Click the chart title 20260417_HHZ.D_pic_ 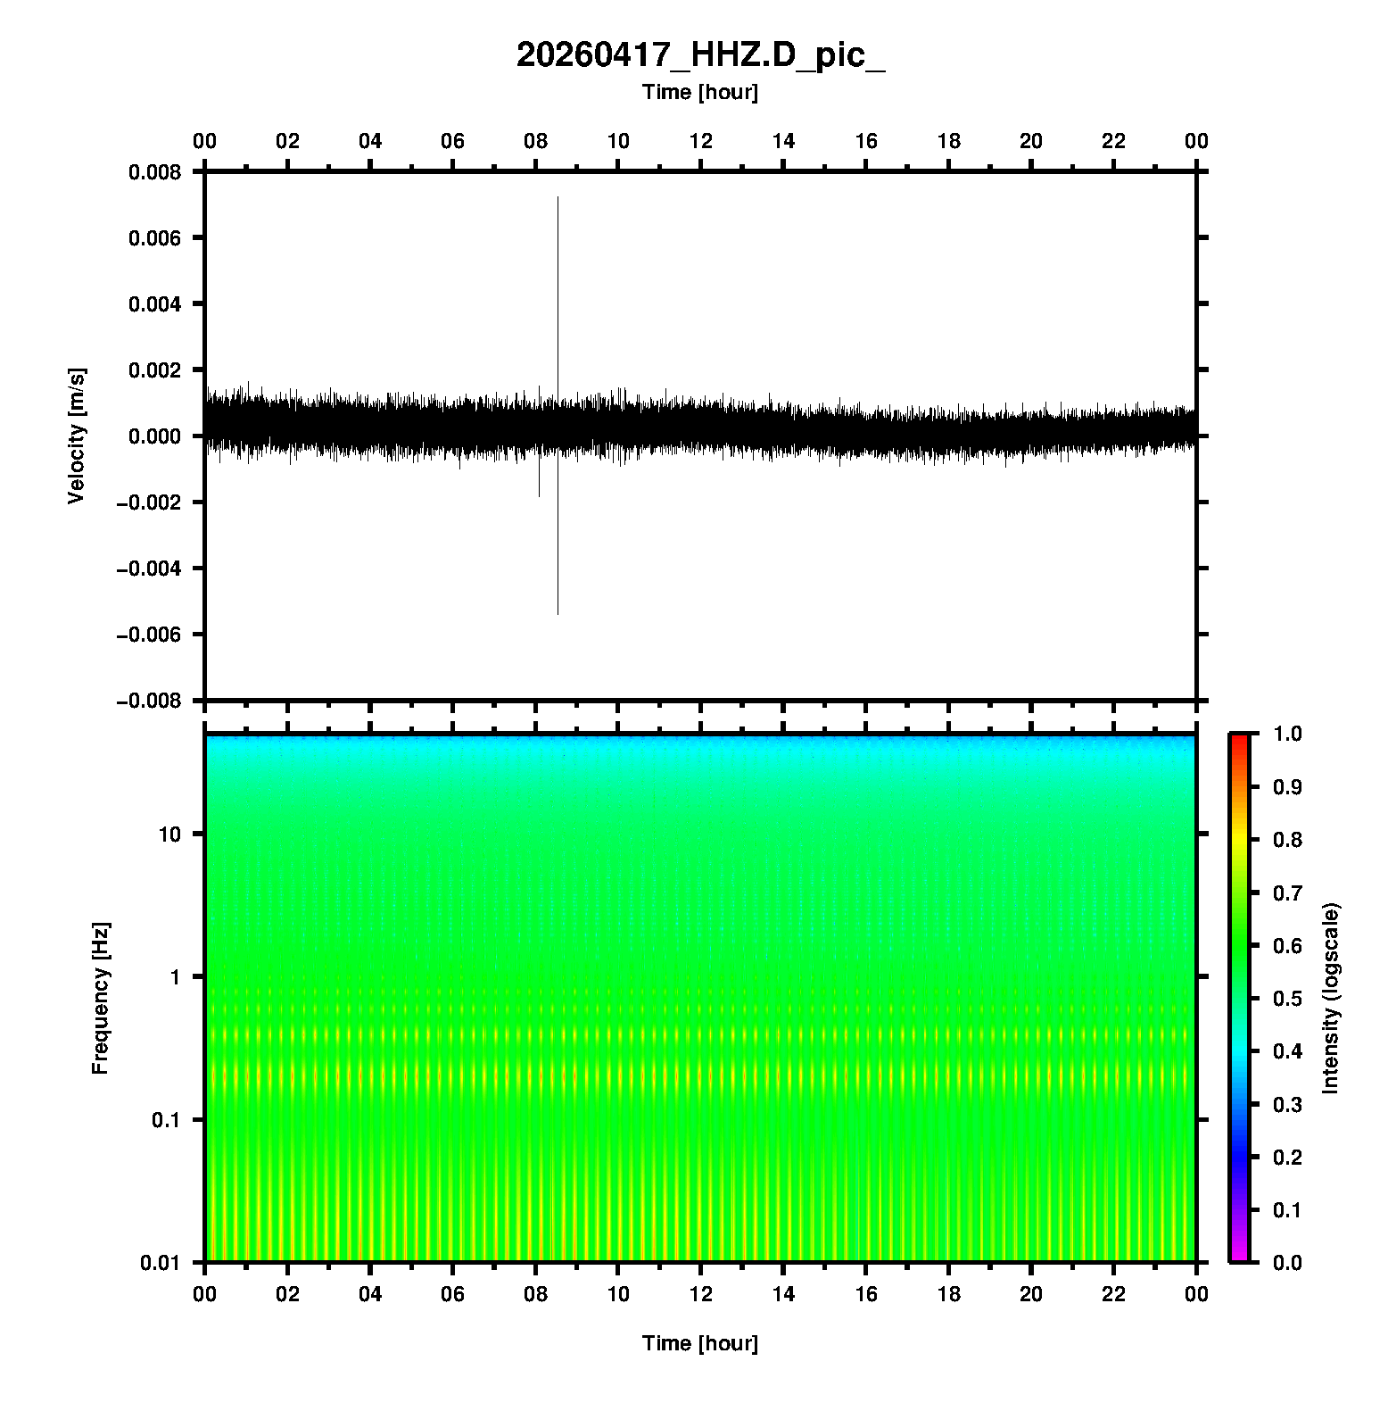[700, 55]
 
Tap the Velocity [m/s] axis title [77, 436]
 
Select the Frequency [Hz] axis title [100, 998]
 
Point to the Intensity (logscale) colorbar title [1331, 998]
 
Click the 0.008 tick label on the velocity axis [154, 172]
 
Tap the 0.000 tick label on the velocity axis [154, 436]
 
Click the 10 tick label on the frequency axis [169, 834]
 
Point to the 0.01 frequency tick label [161, 1263]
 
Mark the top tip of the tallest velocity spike [558, 197]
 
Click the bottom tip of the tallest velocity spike [558, 614]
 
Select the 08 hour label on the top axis [535, 141]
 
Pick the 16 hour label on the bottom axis [866, 1294]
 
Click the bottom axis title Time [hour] [700, 1343]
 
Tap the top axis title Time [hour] [700, 92]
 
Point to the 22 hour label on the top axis [1114, 141]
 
